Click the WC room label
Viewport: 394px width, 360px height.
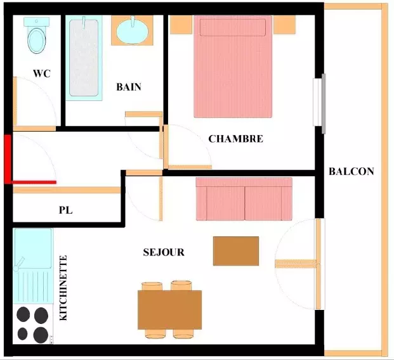[x=42, y=74]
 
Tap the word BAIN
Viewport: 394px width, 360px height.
[x=129, y=87]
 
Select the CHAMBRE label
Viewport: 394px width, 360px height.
[x=235, y=139]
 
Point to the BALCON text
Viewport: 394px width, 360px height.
[x=351, y=172]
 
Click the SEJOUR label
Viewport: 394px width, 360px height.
[x=164, y=252]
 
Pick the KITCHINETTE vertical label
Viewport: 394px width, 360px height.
[x=63, y=288]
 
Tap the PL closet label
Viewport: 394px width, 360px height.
[x=66, y=210]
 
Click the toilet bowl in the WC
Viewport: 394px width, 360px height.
[x=37, y=41]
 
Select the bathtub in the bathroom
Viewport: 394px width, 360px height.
[x=84, y=58]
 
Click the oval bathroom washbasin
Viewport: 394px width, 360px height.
[x=133, y=31]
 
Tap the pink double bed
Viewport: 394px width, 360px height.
[x=233, y=67]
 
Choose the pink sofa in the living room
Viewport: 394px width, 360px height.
[x=244, y=199]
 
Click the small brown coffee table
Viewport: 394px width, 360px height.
[x=236, y=251]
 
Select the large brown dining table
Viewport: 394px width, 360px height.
[x=169, y=310]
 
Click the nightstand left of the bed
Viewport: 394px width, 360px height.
[x=181, y=25]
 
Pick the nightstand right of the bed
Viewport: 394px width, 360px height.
[x=284, y=25]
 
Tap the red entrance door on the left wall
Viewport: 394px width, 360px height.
[x=8, y=159]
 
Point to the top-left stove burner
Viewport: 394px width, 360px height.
[x=23, y=314]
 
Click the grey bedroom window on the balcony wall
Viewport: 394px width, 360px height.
[x=324, y=103]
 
